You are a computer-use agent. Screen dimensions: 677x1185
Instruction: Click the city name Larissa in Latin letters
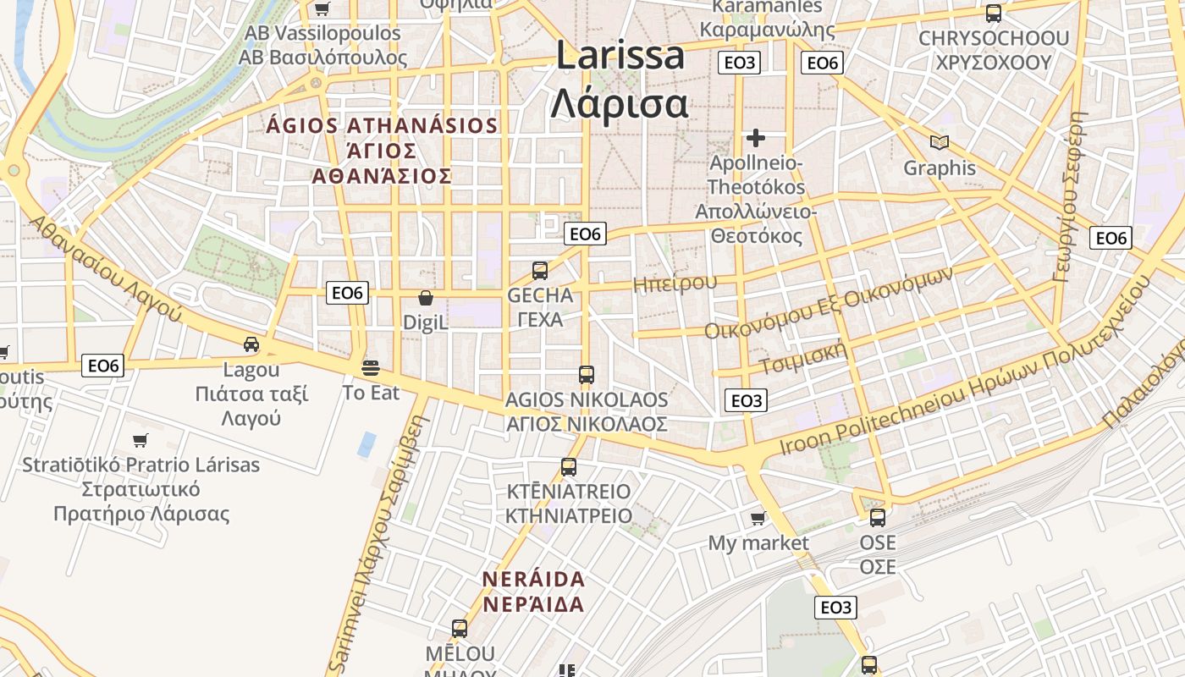(x=620, y=56)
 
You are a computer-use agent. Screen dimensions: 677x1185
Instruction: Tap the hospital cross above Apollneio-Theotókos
(x=756, y=137)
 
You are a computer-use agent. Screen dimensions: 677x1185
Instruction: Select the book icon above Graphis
(x=939, y=142)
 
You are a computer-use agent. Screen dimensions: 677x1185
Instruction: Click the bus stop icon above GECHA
(x=540, y=271)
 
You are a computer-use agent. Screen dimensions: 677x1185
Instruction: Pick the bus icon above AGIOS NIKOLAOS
(x=586, y=374)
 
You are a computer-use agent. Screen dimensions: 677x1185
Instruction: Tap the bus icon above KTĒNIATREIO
(x=569, y=466)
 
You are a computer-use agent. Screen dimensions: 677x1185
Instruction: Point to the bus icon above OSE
(x=878, y=517)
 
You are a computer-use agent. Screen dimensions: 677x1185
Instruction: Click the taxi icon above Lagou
(x=251, y=344)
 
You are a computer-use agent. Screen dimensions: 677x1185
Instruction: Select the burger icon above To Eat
(x=371, y=368)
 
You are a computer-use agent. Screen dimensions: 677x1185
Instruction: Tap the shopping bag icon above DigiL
(x=426, y=298)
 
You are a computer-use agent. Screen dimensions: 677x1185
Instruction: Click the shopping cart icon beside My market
(x=758, y=518)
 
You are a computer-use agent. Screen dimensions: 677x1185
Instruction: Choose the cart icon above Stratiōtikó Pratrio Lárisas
(x=141, y=440)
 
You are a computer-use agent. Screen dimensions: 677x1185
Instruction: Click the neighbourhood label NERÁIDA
(x=533, y=580)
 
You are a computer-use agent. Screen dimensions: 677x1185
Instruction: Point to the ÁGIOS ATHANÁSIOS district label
(x=382, y=126)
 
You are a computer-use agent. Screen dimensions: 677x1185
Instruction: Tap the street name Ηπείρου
(x=675, y=283)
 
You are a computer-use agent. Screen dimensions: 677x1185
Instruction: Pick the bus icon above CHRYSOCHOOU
(x=994, y=14)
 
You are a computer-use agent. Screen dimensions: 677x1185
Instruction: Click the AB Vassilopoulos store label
(x=322, y=34)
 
